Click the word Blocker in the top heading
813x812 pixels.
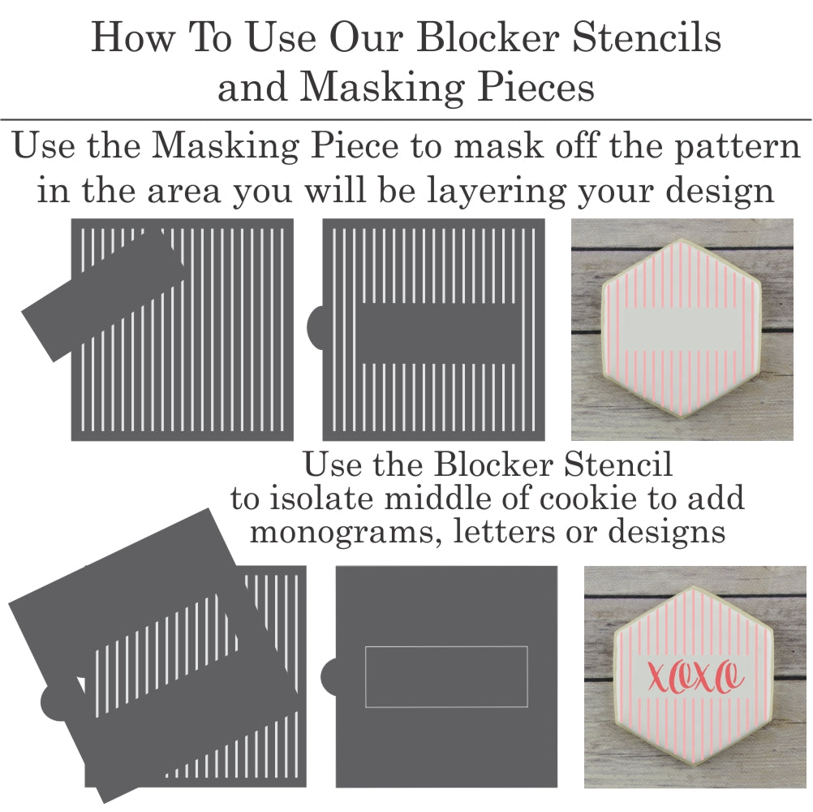pos(488,38)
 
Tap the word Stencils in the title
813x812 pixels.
pos(647,38)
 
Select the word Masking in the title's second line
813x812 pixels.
pos(381,87)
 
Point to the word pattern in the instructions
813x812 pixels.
pos(737,147)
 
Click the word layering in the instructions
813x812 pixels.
pos(497,191)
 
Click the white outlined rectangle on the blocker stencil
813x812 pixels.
pos(446,676)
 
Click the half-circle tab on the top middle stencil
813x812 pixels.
pos(315,328)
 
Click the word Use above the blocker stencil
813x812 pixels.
pos(332,464)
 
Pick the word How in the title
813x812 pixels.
pos(133,38)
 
